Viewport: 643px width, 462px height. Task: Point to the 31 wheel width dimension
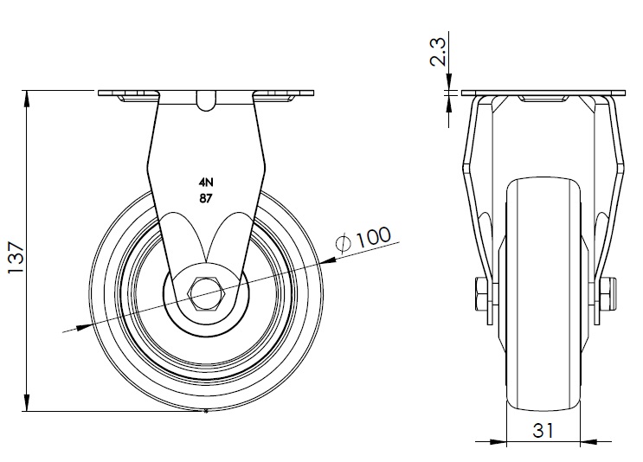coord(543,430)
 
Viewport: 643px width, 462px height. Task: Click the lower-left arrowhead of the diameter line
coord(83,325)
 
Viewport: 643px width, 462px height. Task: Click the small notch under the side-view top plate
coord(205,104)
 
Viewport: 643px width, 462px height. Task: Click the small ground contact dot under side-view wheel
coord(205,411)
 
